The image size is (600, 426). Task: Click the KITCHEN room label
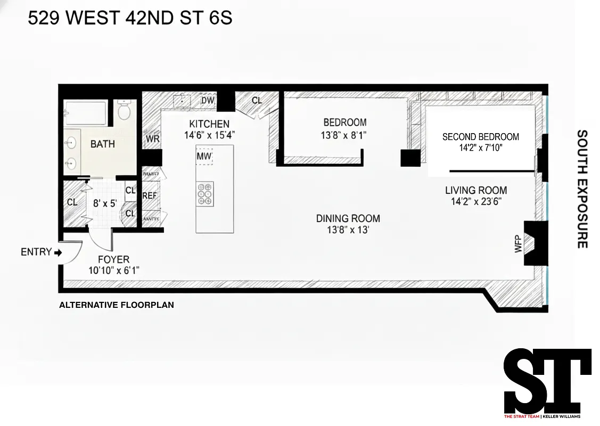point(209,124)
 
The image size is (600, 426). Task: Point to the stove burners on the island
point(205,194)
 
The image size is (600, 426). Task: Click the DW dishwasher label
point(207,101)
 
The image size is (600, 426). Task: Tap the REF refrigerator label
point(150,195)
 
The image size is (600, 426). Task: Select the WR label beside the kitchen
point(152,139)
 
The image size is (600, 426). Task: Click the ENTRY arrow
point(58,252)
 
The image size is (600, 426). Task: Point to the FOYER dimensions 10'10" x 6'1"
point(114,270)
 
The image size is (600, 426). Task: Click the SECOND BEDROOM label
point(480,137)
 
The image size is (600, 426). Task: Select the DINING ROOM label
point(348,218)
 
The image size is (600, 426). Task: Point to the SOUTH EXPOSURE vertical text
point(582,189)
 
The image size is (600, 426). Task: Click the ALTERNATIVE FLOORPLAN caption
point(116,306)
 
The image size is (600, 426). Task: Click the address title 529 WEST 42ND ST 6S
point(130,19)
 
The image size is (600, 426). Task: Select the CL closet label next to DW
point(257,100)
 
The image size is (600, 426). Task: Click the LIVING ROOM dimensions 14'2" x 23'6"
point(476,201)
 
